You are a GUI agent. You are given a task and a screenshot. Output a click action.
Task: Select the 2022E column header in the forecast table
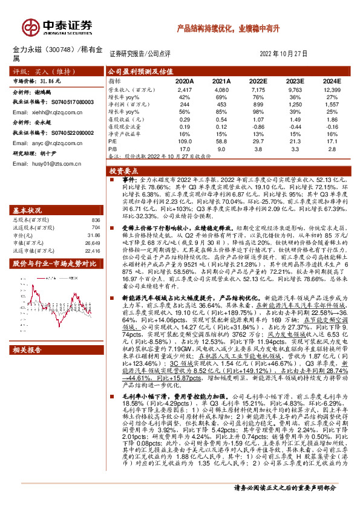tap(258, 80)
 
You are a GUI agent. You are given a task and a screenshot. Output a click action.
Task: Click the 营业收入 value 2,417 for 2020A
tap(184, 89)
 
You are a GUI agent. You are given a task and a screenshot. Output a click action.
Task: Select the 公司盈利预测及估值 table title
tap(140, 71)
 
